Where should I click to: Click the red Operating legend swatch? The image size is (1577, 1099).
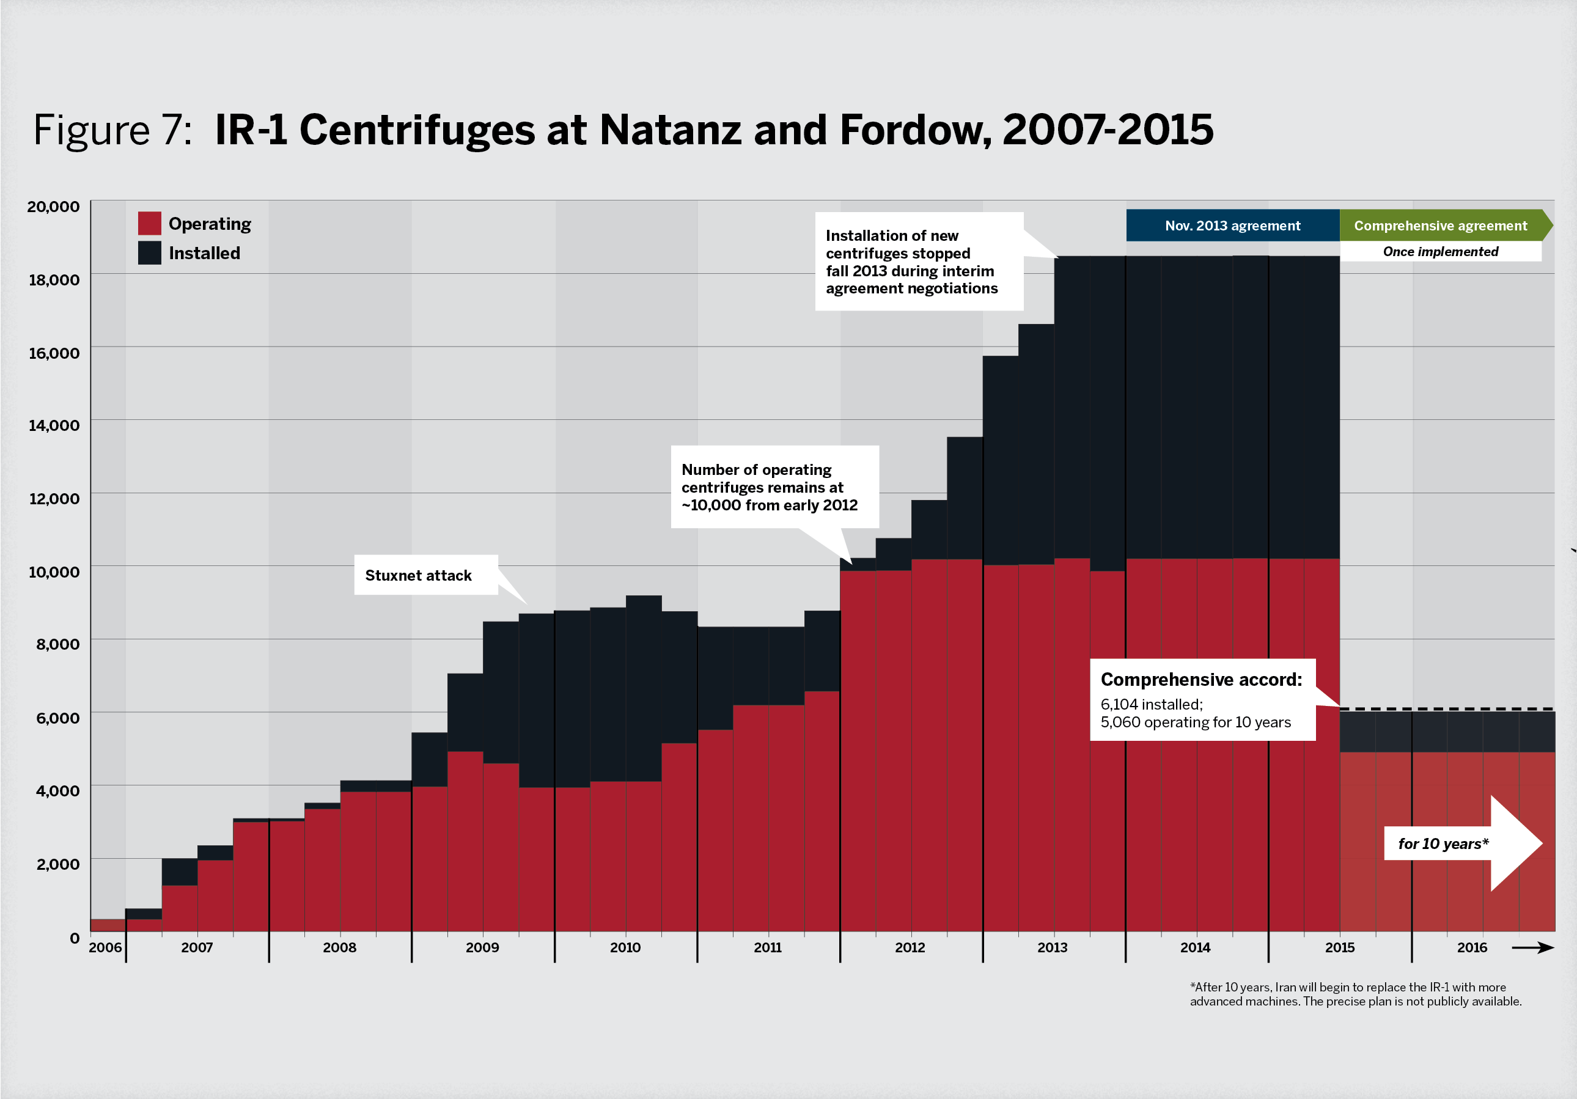tap(149, 223)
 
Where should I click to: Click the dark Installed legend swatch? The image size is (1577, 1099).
tap(149, 253)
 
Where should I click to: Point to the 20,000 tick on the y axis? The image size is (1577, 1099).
tap(53, 207)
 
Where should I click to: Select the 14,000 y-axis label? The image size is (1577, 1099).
tap(54, 425)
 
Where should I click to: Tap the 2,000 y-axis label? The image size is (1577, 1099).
tap(57, 864)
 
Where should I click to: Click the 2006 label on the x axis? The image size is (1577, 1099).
tap(105, 948)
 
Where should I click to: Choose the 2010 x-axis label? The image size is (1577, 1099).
tap(625, 948)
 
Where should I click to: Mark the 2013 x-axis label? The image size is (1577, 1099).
tap(1052, 948)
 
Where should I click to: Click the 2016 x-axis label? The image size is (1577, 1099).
tap(1472, 948)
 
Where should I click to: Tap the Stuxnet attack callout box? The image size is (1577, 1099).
tap(426, 576)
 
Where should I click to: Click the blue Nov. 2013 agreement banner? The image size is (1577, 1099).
tap(1232, 226)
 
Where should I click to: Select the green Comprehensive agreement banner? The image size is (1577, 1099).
tap(1440, 226)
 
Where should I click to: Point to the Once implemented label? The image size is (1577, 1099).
tap(1440, 251)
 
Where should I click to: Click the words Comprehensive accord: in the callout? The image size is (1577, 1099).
tap(1201, 679)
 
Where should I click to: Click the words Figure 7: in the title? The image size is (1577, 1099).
tap(112, 130)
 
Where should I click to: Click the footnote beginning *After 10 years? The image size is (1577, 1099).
tap(1355, 994)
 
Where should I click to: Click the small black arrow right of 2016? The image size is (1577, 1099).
tap(1533, 948)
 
